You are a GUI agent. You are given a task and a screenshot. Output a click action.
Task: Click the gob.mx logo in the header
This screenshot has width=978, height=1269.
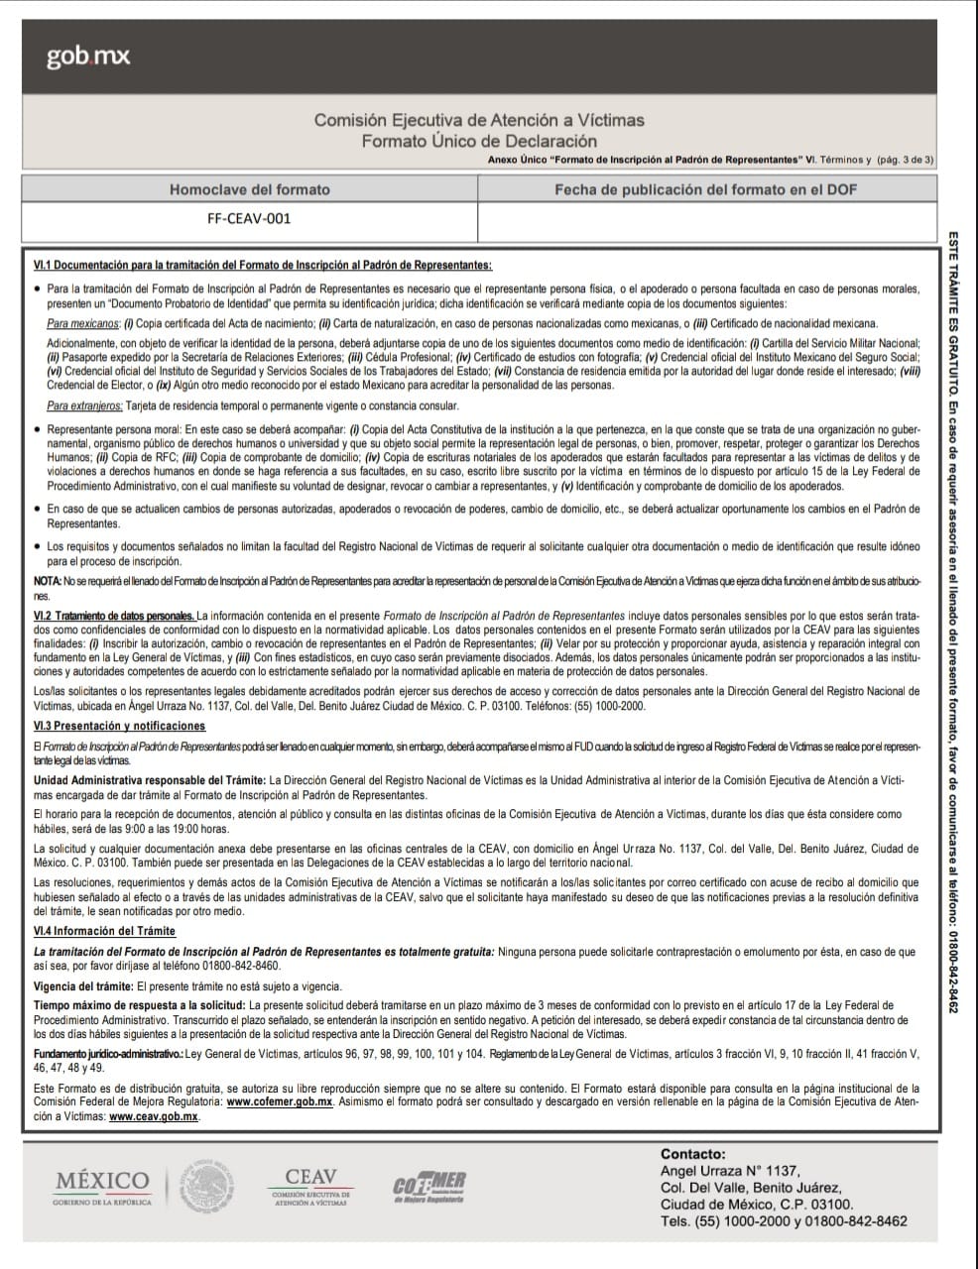pos(87,58)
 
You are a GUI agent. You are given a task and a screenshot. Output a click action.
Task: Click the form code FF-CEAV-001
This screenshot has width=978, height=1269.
pos(249,219)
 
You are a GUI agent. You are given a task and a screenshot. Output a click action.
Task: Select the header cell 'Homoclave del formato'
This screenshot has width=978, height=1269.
pos(249,189)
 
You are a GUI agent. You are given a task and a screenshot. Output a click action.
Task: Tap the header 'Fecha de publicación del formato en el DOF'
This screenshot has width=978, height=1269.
pos(705,189)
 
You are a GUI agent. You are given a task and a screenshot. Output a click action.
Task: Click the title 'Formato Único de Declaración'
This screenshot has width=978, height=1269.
pos(479,141)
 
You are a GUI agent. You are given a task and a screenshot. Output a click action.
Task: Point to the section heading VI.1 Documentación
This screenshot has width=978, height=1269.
pos(263,265)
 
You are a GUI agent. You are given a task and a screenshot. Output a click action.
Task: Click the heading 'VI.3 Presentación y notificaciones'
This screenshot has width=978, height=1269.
pos(119,727)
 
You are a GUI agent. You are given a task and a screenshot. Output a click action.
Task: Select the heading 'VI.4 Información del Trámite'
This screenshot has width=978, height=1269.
pos(104,931)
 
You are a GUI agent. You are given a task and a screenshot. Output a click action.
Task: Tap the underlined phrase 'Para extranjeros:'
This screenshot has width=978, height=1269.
pos(84,405)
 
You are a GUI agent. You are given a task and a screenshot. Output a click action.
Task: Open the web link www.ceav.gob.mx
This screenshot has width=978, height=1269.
pos(154,1115)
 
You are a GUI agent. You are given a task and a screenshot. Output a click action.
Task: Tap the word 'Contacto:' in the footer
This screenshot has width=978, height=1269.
pos(692,1154)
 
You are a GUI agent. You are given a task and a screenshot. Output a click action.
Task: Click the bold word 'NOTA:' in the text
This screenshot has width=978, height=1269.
pos(48,579)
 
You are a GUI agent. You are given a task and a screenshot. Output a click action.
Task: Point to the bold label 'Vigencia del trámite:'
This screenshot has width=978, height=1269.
pos(83,986)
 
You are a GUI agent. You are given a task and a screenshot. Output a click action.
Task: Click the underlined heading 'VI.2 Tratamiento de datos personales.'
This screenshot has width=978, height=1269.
pos(114,616)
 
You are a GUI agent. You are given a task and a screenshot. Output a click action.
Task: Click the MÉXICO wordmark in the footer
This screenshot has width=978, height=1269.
pos(102,1182)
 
